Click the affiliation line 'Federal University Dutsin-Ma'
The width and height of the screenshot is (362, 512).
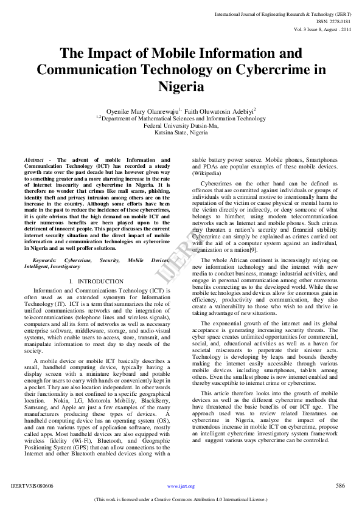(181, 125)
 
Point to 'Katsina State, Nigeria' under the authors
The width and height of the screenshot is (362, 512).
(181, 132)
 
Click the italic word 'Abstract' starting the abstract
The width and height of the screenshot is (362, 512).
(35, 159)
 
